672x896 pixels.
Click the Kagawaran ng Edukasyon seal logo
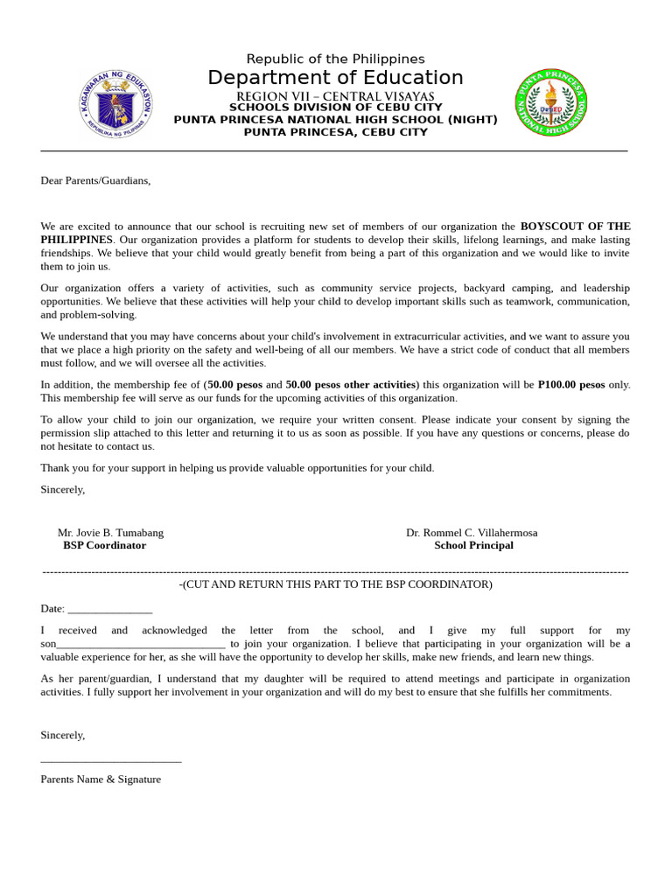(115, 102)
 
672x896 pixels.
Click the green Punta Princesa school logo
(551, 102)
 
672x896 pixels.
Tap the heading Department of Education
(335, 78)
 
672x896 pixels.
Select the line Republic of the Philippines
(335, 59)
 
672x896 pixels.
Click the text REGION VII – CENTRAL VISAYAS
(335, 96)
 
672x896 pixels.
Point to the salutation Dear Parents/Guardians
(95, 180)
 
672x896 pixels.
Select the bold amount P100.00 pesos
(570, 384)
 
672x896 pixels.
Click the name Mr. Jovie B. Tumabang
(110, 532)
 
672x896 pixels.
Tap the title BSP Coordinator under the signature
(104, 545)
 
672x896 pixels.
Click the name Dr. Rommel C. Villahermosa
(472, 532)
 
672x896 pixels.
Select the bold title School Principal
(473, 545)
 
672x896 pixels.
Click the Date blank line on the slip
(109, 610)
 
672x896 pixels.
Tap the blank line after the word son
(141, 645)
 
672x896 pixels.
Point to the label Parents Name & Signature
(101, 779)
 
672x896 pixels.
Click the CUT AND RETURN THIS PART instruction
(336, 584)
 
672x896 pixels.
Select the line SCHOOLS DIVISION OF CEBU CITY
(335, 108)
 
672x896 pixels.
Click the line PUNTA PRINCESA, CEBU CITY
(335, 132)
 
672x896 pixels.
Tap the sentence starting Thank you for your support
(237, 467)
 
